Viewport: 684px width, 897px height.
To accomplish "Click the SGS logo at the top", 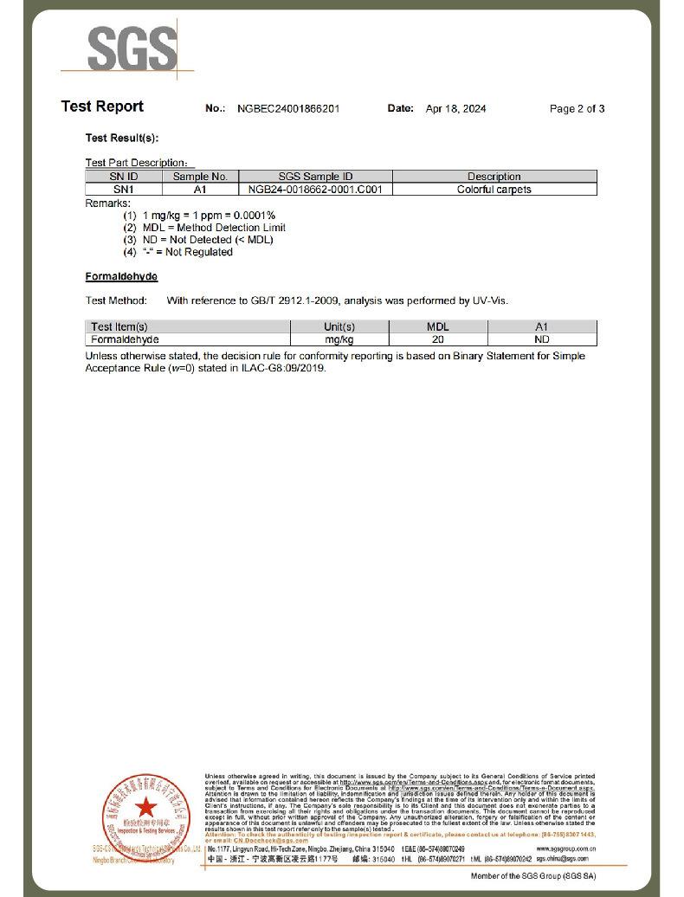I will click(x=132, y=48).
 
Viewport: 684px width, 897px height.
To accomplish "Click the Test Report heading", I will click(x=102, y=106).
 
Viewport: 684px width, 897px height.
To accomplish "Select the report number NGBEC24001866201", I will click(x=288, y=109).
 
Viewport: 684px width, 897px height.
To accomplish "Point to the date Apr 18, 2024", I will click(x=455, y=109).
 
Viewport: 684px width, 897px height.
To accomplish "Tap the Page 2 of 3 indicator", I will click(x=577, y=109).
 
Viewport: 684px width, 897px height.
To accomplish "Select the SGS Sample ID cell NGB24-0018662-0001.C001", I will click(x=315, y=189).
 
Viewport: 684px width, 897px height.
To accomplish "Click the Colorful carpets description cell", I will click(x=494, y=189).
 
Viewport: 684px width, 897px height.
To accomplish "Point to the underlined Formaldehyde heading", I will click(x=121, y=276).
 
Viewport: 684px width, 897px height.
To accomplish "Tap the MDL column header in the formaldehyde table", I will click(x=438, y=326).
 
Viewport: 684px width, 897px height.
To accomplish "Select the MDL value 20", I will click(x=438, y=339).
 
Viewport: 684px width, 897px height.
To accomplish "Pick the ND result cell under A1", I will click(x=542, y=339).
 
